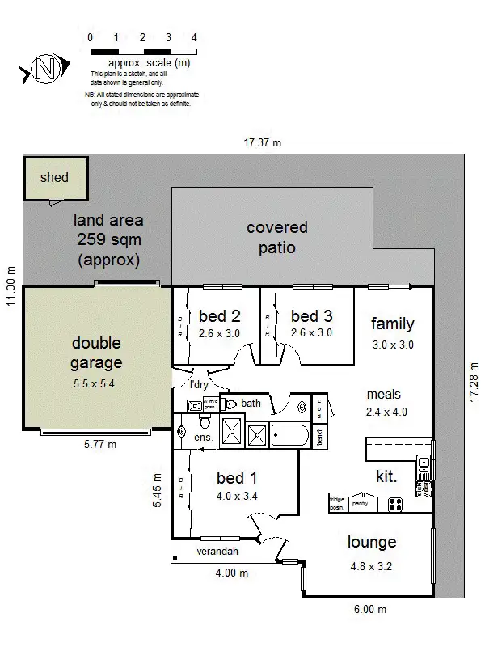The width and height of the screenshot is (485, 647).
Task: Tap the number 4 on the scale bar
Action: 194,37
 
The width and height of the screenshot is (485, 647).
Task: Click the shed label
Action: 54,177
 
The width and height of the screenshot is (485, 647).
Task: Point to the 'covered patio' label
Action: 277,238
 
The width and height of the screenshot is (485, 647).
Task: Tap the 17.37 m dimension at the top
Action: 263,143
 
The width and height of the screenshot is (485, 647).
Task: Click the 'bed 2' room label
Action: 219,316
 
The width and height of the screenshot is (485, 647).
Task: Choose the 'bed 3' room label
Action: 311,316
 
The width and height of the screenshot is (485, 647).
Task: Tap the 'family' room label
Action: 392,324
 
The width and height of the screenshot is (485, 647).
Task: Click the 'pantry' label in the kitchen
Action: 361,503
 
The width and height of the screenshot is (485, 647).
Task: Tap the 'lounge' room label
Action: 372,543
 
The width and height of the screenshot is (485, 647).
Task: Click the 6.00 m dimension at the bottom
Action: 369,609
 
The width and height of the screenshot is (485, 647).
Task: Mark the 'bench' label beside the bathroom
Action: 321,436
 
